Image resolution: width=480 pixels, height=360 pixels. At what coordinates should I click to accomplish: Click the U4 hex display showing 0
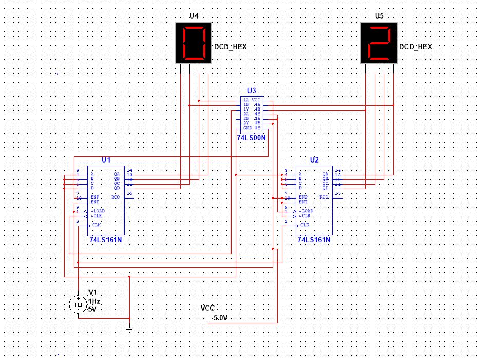pyautogui.click(x=193, y=42)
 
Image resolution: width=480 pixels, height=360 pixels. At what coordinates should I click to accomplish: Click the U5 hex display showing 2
pyautogui.click(x=379, y=42)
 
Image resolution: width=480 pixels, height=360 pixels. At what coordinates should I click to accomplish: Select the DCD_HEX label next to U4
pyautogui.click(x=230, y=47)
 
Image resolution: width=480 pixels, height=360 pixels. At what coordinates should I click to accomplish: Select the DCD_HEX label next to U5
pyautogui.click(x=416, y=47)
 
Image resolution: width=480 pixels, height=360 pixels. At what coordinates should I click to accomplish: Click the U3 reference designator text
pyautogui.click(x=252, y=90)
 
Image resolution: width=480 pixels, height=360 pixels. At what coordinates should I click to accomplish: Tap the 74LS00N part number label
pyautogui.click(x=252, y=138)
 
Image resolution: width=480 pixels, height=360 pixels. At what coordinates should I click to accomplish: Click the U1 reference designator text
pyautogui.click(x=106, y=160)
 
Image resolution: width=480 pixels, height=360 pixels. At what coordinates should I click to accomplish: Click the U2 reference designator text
pyautogui.click(x=314, y=160)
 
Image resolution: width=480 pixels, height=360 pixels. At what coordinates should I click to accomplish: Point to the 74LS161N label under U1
pyautogui.click(x=105, y=240)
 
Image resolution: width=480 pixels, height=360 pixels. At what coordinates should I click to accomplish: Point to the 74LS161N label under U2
pyautogui.click(x=313, y=240)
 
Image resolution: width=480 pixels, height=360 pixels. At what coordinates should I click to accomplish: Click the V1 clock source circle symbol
pyautogui.click(x=78, y=304)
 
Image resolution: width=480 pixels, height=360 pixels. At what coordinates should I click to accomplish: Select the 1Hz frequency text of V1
pyautogui.click(x=94, y=301)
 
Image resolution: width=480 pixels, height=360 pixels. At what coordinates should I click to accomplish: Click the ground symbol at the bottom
pyautogui.click(x=129, y=327)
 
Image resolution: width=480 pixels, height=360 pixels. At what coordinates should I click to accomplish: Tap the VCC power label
pyautogui.click(x=207, y=309)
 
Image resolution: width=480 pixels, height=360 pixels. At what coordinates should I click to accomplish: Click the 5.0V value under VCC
pyautogui.click(x=220, y=318)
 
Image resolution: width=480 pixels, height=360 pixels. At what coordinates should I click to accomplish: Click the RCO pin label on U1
pyautogui.click(x=116, y=197)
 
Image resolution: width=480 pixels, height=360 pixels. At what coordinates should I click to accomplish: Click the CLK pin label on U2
pyautogui.click(x=305, y=225)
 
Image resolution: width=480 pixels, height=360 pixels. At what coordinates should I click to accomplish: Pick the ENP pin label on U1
pyautogui.click(x=95, y=197)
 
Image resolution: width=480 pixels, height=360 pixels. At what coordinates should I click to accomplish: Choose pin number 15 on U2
pyautogui.click(x=337, y=193)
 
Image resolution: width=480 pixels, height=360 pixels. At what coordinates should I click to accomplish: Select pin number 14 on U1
pyautogui.click(x=129, y=170)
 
